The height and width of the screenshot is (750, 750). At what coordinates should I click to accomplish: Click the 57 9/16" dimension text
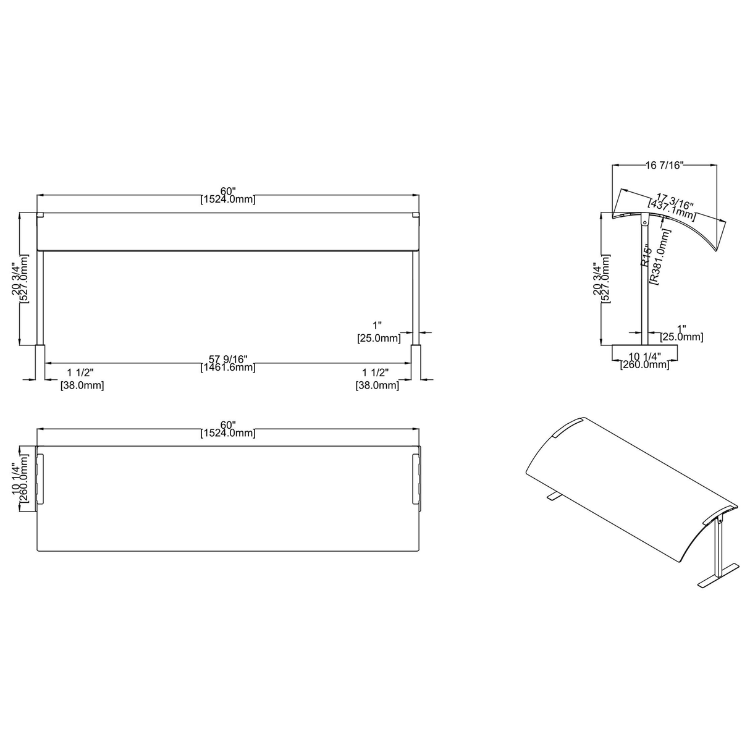[227, 359]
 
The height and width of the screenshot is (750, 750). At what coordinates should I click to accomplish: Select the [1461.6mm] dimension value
[227, 368]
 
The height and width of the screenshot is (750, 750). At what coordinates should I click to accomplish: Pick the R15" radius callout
[646, 256]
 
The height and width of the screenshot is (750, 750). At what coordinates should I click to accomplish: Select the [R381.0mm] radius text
[659, 256]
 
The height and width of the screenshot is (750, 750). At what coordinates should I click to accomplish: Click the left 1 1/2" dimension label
[80, 373]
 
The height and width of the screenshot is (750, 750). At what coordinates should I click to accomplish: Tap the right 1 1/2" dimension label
[375, 373]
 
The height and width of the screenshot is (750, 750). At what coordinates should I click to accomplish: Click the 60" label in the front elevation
[227, 190]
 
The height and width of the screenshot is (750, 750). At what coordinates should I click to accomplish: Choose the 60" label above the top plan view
[227, 425]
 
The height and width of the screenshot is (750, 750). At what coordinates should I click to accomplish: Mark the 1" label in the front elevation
[377, 326]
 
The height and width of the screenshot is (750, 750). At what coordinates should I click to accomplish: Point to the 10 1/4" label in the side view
[644, 356]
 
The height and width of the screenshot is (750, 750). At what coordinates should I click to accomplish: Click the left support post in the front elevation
[41, 297]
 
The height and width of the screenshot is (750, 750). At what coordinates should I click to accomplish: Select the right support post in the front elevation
[416, 297]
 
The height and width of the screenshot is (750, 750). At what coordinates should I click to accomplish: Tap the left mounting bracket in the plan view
[41, 479]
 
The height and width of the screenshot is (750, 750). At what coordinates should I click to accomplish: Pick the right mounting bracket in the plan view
[416, 479]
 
